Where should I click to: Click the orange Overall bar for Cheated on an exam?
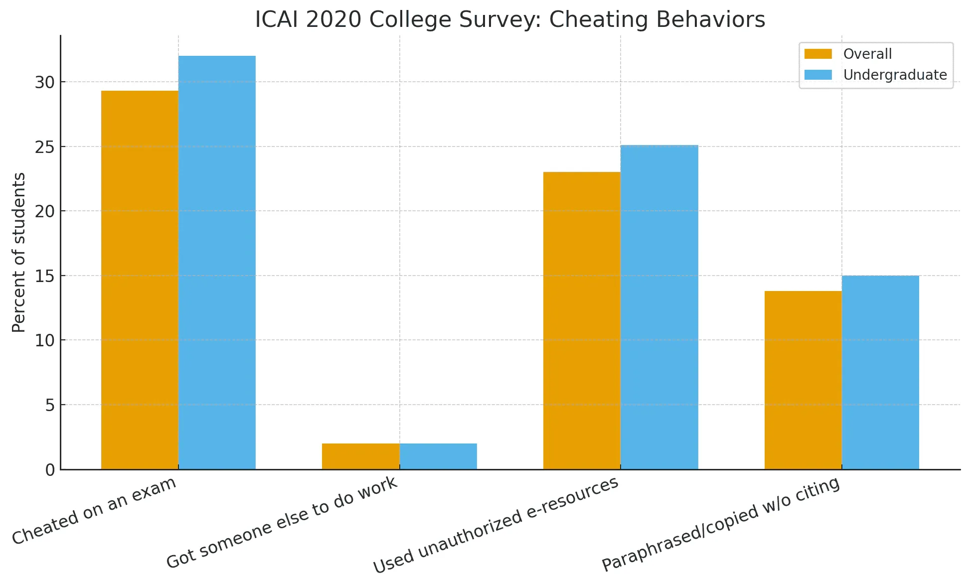click(x=140, y=279)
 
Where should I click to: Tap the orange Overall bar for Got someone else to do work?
click(x=360, y=456)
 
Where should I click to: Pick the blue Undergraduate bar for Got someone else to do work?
click(x=438, y=456)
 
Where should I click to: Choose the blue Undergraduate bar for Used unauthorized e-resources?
click(x=659, y=307)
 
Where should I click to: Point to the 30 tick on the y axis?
click(x=45, y=82)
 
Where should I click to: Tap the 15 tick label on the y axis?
click(x=45, y=276)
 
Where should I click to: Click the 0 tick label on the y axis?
click(x=50, y=470)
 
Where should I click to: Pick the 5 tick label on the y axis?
click(x=50, y=405)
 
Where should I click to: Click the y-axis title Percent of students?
click(x=19, y=252)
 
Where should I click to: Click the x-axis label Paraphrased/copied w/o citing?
click(x=721, y=524)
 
